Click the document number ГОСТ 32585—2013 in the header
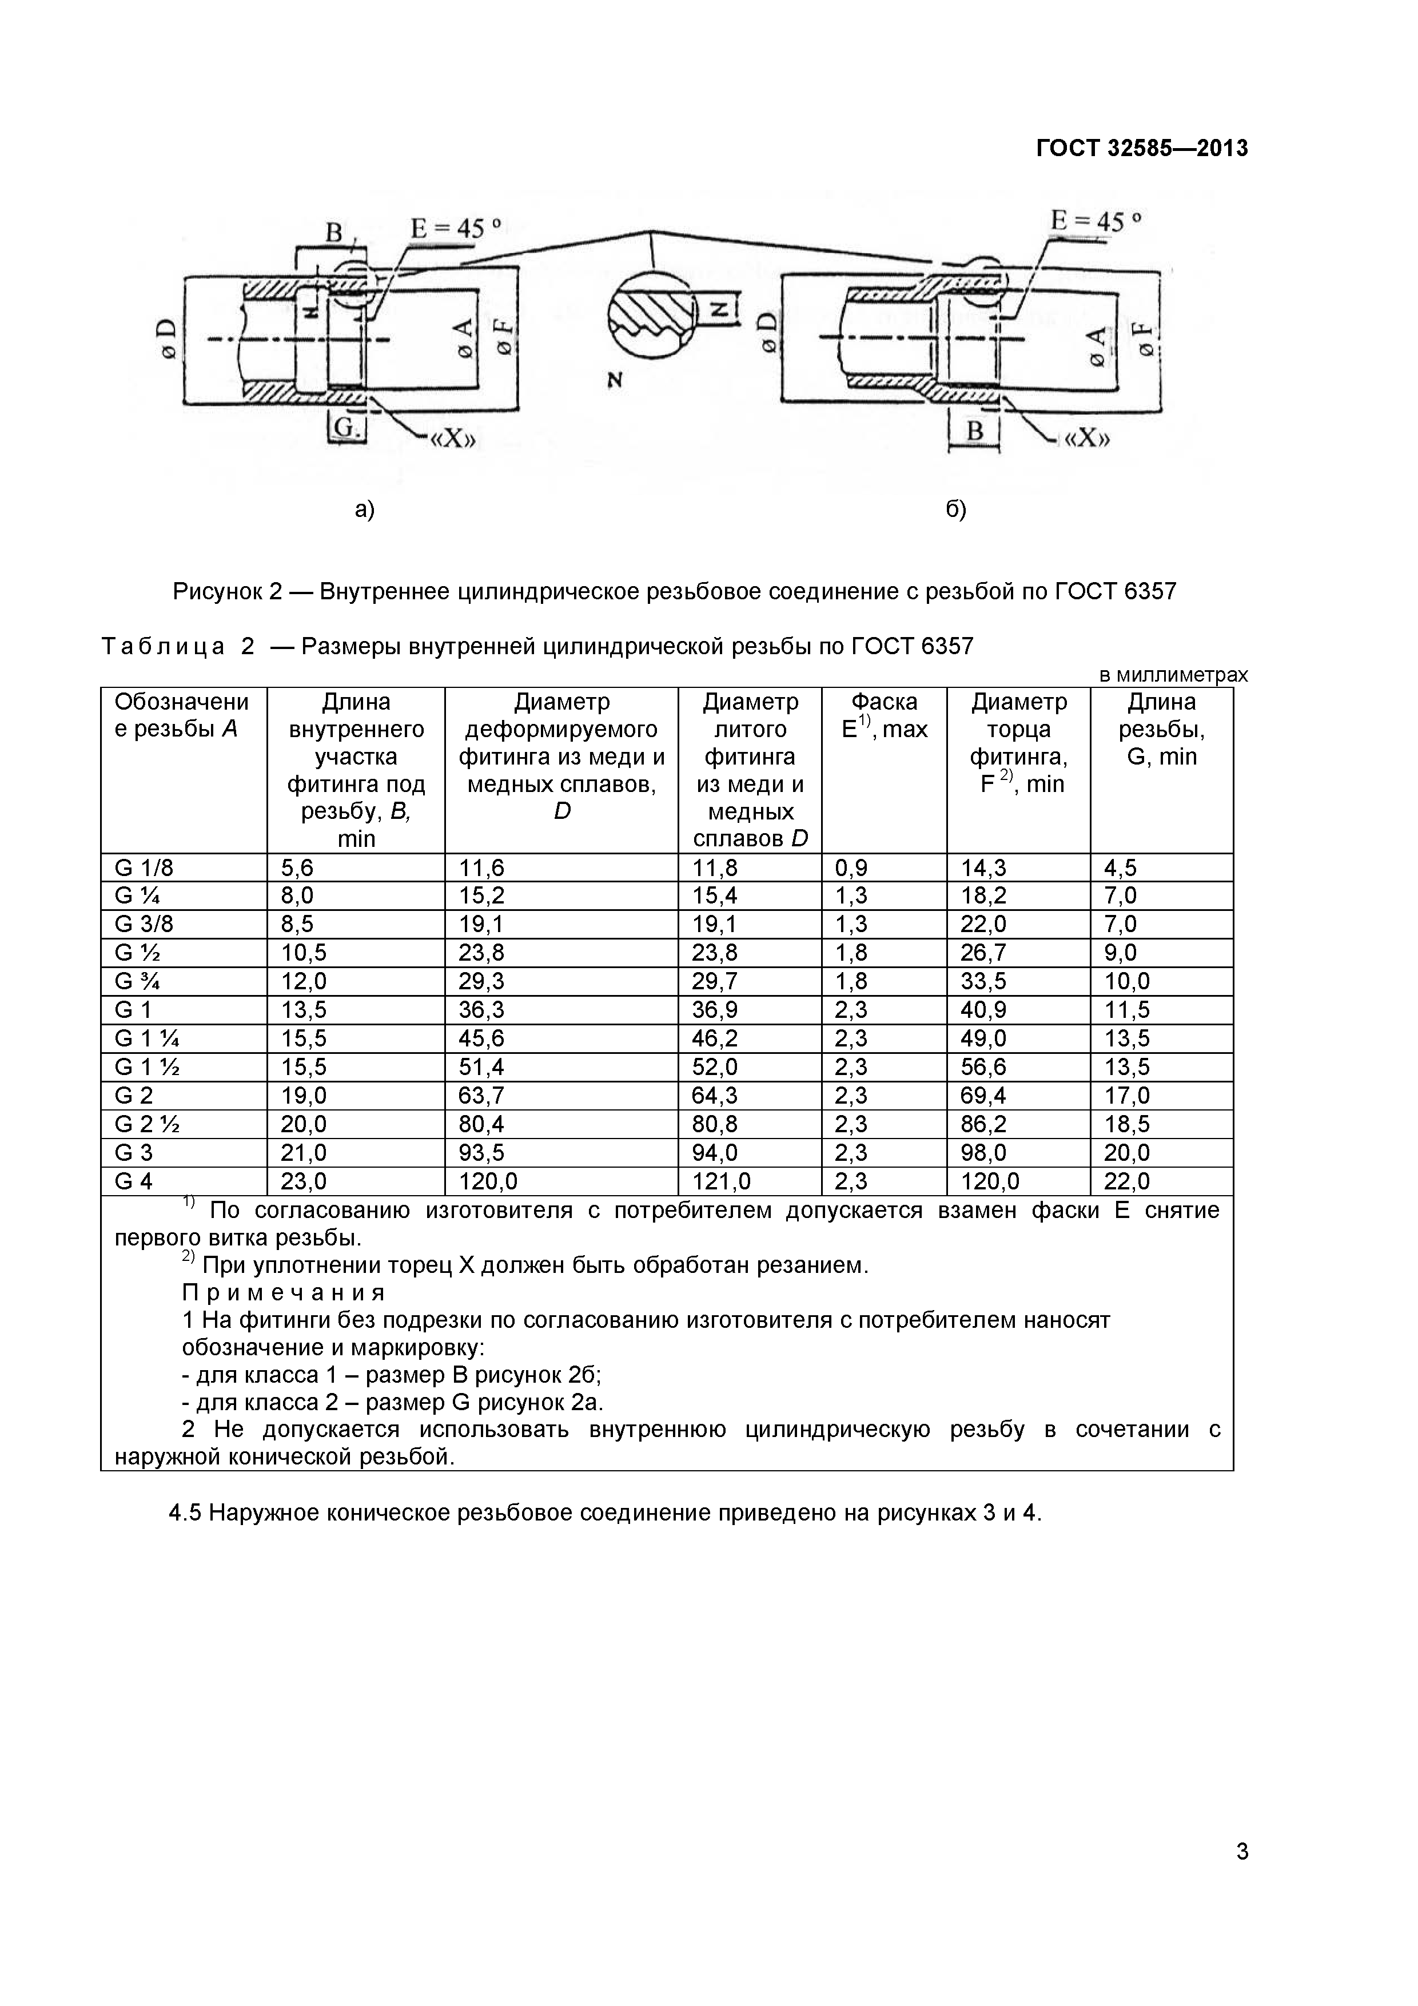(x=1141, y=149)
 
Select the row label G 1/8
(x=144, y=867)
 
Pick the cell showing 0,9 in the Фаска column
(x=851, y=867)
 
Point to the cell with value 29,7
(x=715, y=981)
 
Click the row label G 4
(x=134, y=1181)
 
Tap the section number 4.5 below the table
(x=185, y=1513)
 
